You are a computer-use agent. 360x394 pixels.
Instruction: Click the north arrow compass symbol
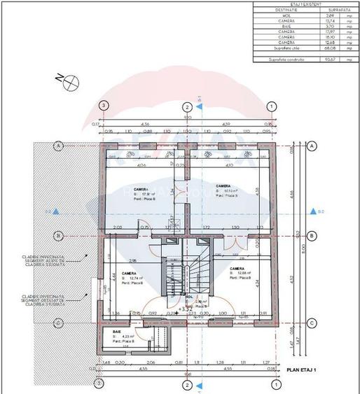(x=71, y=83)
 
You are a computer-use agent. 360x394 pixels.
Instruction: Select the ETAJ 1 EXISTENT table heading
(x=305, y=3)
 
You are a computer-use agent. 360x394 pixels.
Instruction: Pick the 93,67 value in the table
(x=328, y=59)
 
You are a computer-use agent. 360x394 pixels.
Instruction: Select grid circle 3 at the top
(x=104, y=106)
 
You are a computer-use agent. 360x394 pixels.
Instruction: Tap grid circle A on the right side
(x=312, y=146)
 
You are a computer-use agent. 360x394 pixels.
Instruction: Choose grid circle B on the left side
(x=60, y=235)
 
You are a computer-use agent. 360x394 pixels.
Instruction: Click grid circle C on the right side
(x=312, y=323)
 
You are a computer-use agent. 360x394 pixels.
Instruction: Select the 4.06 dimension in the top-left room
(x=141, y=166)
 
